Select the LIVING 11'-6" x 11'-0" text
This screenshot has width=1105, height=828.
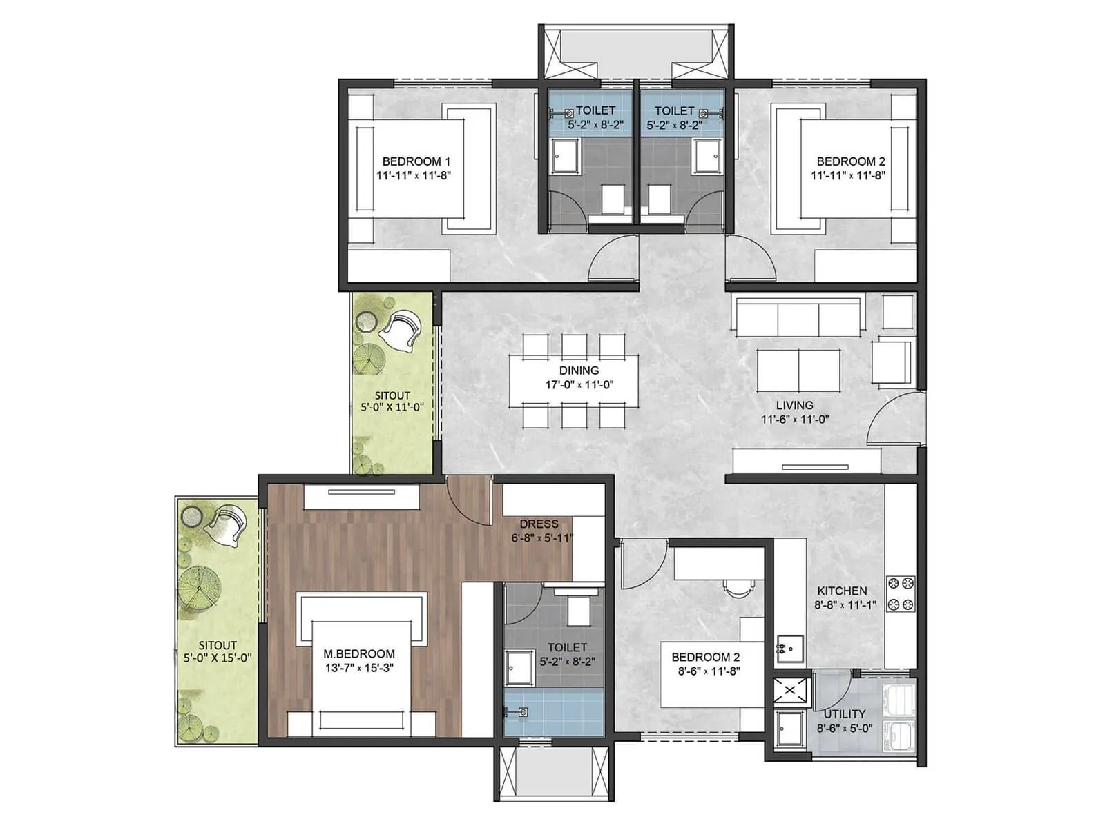pyautogui.click(x=794, y=412)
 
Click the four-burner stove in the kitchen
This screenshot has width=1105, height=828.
pyautogui.click(x=901, y=594)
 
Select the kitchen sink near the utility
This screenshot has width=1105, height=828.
pyautogui.click(x=789, y=649)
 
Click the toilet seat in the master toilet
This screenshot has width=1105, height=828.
pyautogui.click(x=577, y=607)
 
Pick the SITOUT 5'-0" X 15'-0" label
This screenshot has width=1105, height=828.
pyautogui.click(x=218, y=652)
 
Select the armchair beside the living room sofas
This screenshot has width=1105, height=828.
pyautogui.click(x=892, y=360)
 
